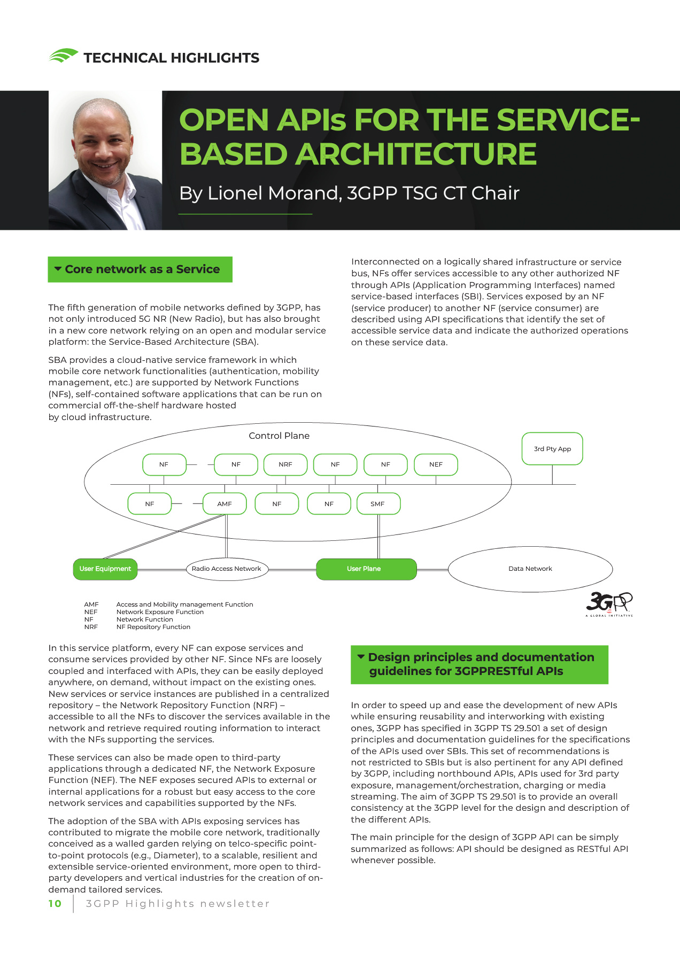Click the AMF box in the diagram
tap(225, 504)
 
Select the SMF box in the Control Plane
tap(378, 504)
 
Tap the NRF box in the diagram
tap(285, 464)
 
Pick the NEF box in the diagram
tap(436, 464)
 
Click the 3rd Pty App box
tap(552, 449)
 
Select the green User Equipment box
tap(105, 569)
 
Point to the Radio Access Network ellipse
tap(226, 569)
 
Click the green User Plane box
tap(366, 569)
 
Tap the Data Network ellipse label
tap(530, 569)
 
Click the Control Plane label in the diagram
tap(279, 436)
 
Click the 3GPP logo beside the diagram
tap(609, 603)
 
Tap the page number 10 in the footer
tap(55, 904)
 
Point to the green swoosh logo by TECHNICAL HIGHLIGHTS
tap(63, 56)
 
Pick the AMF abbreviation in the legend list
tap(91, 604)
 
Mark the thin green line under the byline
tap(245, 214)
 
